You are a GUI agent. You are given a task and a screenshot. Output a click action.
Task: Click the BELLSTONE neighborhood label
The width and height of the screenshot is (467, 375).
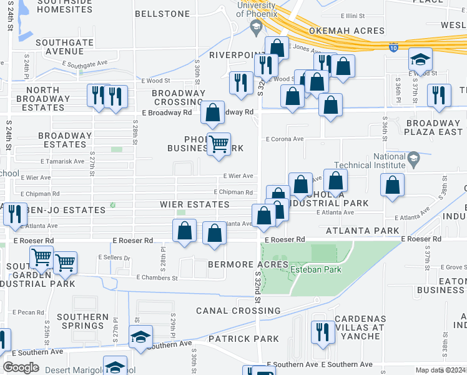click(x=162, y=13)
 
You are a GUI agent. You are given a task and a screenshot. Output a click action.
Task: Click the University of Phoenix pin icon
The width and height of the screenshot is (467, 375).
click(x=255, y=27)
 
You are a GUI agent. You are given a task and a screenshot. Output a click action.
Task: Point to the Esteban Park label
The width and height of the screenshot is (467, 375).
click(x=316, y=269)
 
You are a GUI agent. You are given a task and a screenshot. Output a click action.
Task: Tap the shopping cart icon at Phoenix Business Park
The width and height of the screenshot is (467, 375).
click(x=218, y=144)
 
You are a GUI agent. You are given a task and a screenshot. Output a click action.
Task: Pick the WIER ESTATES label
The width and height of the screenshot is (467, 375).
click(x=194, y=204)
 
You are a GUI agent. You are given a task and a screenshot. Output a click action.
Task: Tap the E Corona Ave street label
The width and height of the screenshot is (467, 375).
click(x=285, y=139)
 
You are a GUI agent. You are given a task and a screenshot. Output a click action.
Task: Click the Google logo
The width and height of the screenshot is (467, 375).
click(x=21, y=367)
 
